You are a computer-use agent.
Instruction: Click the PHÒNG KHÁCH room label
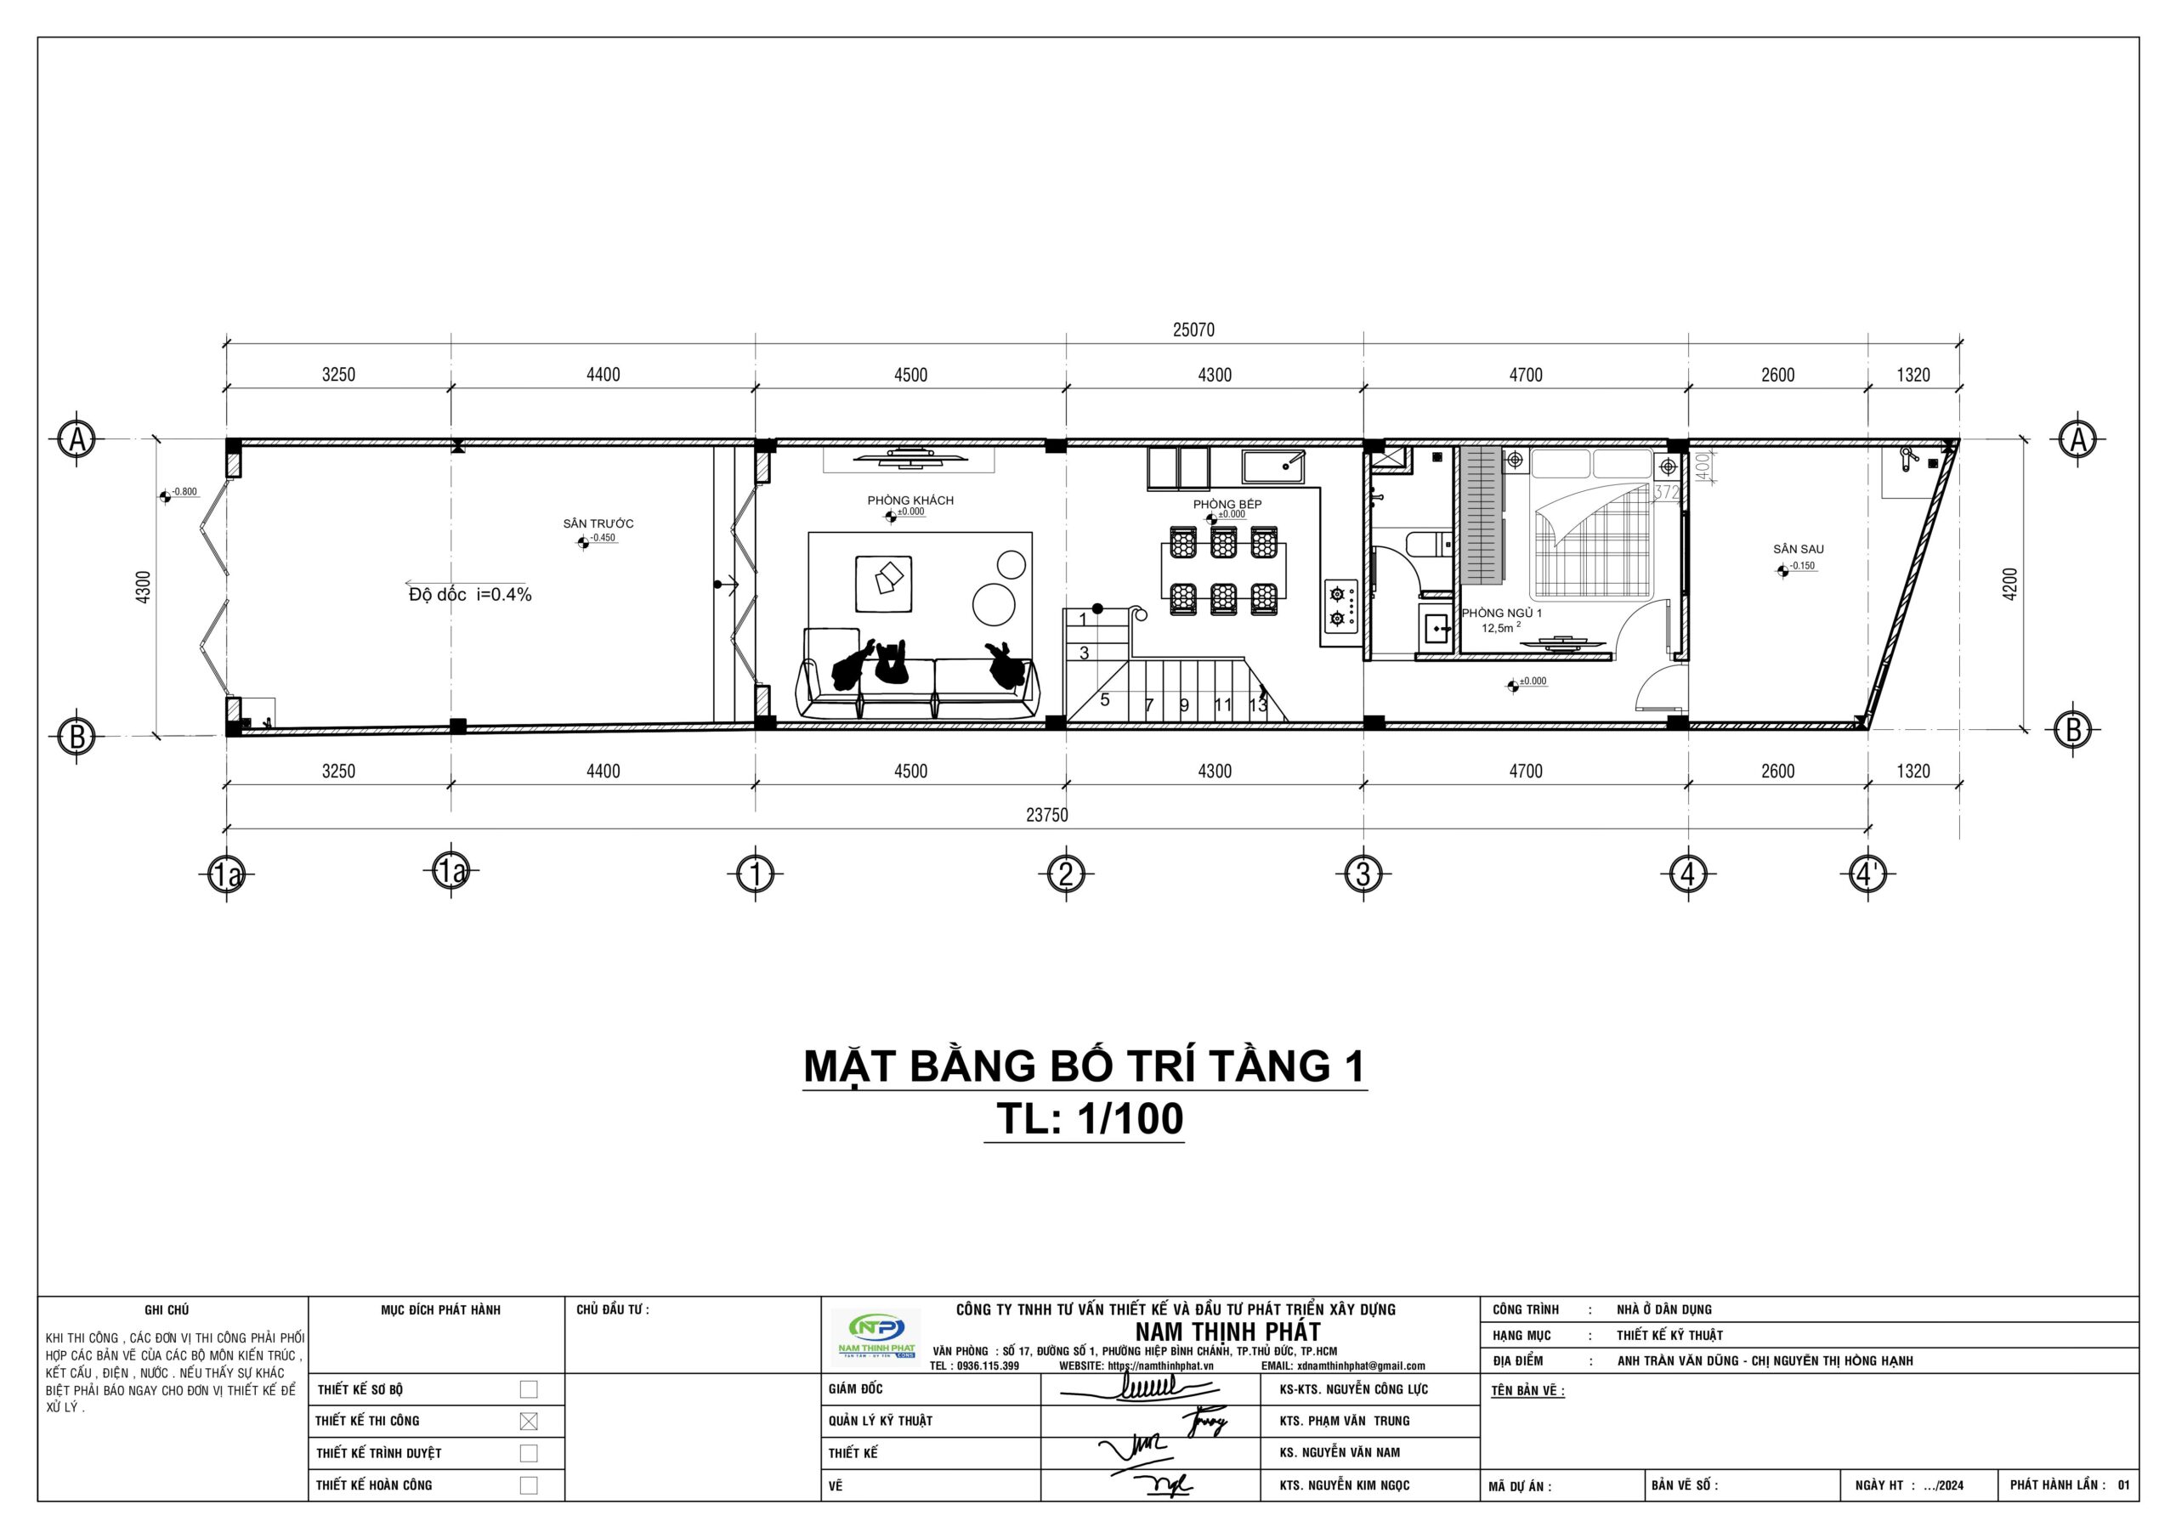pyautogui.click(x=909, y=500)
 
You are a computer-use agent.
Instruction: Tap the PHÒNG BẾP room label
pyautogui.click(x=1227, y=504)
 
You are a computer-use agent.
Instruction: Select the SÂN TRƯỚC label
pyautogui.click(x=598, y=523)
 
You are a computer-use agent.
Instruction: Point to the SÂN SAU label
pyautogui.click(x=1798, y=549)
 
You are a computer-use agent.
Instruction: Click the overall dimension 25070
pyautogui.click(x=1193, y=330)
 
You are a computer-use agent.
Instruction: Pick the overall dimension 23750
pyautogui.click(x=1046, y=815)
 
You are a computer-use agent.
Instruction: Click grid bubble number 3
pyautogui.click(x=1363, y=874)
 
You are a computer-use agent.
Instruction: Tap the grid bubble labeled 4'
pyautogui.click(x=1867, y=874)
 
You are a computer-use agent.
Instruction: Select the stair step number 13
pyautogui.click(x=1258, y=705)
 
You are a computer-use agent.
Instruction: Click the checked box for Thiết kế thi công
pyautogui.click(x=529, y=1421)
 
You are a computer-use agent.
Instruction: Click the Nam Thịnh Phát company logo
pyautogui.click(x=873, y=1335)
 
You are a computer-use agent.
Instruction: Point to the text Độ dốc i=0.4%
pyautogui.click(x=470, y=595)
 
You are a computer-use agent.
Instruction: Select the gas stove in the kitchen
pyautogui.click(x=1341, y=607)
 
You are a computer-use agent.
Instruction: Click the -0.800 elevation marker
pyautogui.click(x=179, y=493)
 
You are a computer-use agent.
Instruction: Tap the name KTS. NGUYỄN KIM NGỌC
pyautogui.click(x=1344, y=1485)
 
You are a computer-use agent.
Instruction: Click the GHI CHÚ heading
pyautogui.click(x=167, y=1309)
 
